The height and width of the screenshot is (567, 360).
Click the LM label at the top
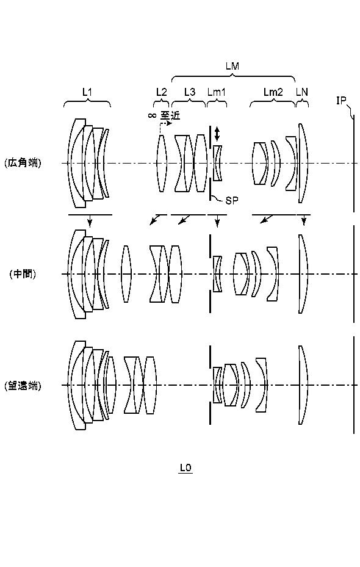coord(232,66)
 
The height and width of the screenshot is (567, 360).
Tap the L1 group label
coord(87,92)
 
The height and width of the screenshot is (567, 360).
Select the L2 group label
coord(161,92)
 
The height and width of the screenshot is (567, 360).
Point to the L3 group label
coord(189,92)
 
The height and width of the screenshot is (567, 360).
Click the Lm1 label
coord(217,92)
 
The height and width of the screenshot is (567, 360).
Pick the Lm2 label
coord(273,92)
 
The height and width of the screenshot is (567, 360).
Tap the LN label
coord(302,92)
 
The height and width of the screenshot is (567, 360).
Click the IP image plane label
coord(341,101)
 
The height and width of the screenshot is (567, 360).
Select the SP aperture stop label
coord(232,201)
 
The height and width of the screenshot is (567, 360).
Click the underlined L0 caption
coord(185,468)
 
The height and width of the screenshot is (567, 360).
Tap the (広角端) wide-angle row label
coord(23,163)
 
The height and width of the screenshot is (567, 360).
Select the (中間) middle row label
coord(23,274)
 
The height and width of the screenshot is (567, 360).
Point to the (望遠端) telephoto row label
coord(23,386)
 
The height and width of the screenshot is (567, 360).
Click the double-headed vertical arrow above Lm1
coord(217,134)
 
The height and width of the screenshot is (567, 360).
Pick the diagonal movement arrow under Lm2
coord(267,218)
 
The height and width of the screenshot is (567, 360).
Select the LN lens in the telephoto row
coord(303,385)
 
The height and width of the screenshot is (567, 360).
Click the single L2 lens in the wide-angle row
coord(162,163)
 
